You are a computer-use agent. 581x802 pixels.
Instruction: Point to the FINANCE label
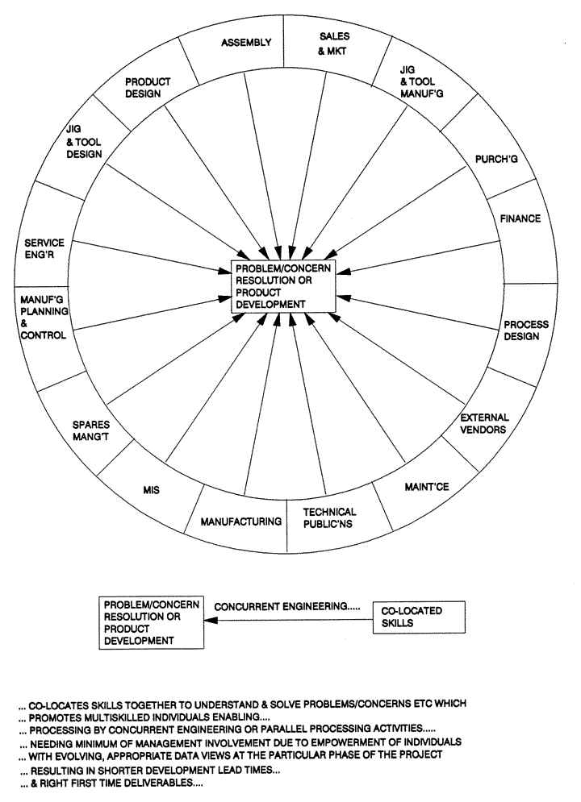point(519,218)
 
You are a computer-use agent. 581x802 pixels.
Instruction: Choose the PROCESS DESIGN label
point(526,330)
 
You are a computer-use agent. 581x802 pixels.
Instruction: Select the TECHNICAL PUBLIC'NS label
point(328,518)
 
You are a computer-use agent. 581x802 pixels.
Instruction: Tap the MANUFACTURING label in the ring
point(241,522)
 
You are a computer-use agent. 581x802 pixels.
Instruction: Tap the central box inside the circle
point(280,286)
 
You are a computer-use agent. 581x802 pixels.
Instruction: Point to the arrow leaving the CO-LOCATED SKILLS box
point(287,621)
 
